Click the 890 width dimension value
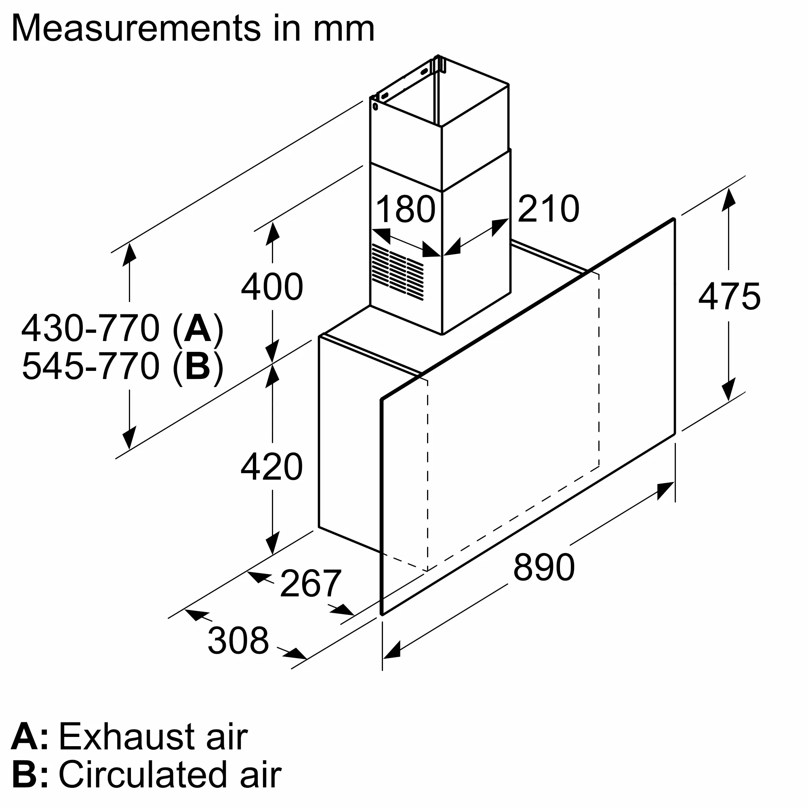coord(544,568)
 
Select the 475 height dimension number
coord(729,296)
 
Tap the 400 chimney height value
coord(272,286)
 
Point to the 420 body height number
coord(272,467)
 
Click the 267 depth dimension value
coord(311,584)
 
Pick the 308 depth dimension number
coord(238,640)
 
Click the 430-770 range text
coord(91,328)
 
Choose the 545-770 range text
coord(91,366)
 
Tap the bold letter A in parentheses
coord(198,328)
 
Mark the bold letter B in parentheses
coord(198,366)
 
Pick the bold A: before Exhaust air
coord(29,737)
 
